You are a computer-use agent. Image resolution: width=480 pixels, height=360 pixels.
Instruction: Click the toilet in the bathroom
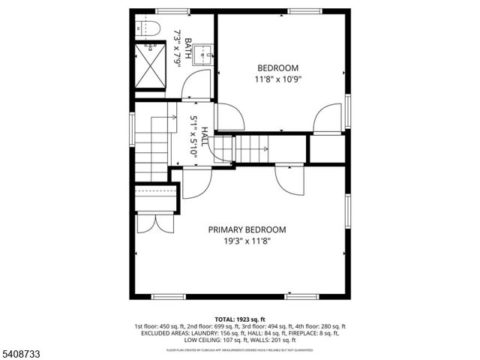(147, 29)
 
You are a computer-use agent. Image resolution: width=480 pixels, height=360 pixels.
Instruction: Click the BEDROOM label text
(278, 67)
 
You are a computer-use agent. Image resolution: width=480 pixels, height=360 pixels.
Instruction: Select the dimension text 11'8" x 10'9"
(278, 78)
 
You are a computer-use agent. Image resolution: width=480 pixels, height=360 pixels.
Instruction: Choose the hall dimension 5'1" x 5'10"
(193, 136)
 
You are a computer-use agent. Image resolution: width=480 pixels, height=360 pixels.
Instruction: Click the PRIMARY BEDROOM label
(247, 230)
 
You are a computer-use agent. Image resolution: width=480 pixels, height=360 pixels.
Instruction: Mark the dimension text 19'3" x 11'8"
(247, 241)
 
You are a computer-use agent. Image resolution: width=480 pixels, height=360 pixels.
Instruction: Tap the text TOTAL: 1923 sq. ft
(239, 318)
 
